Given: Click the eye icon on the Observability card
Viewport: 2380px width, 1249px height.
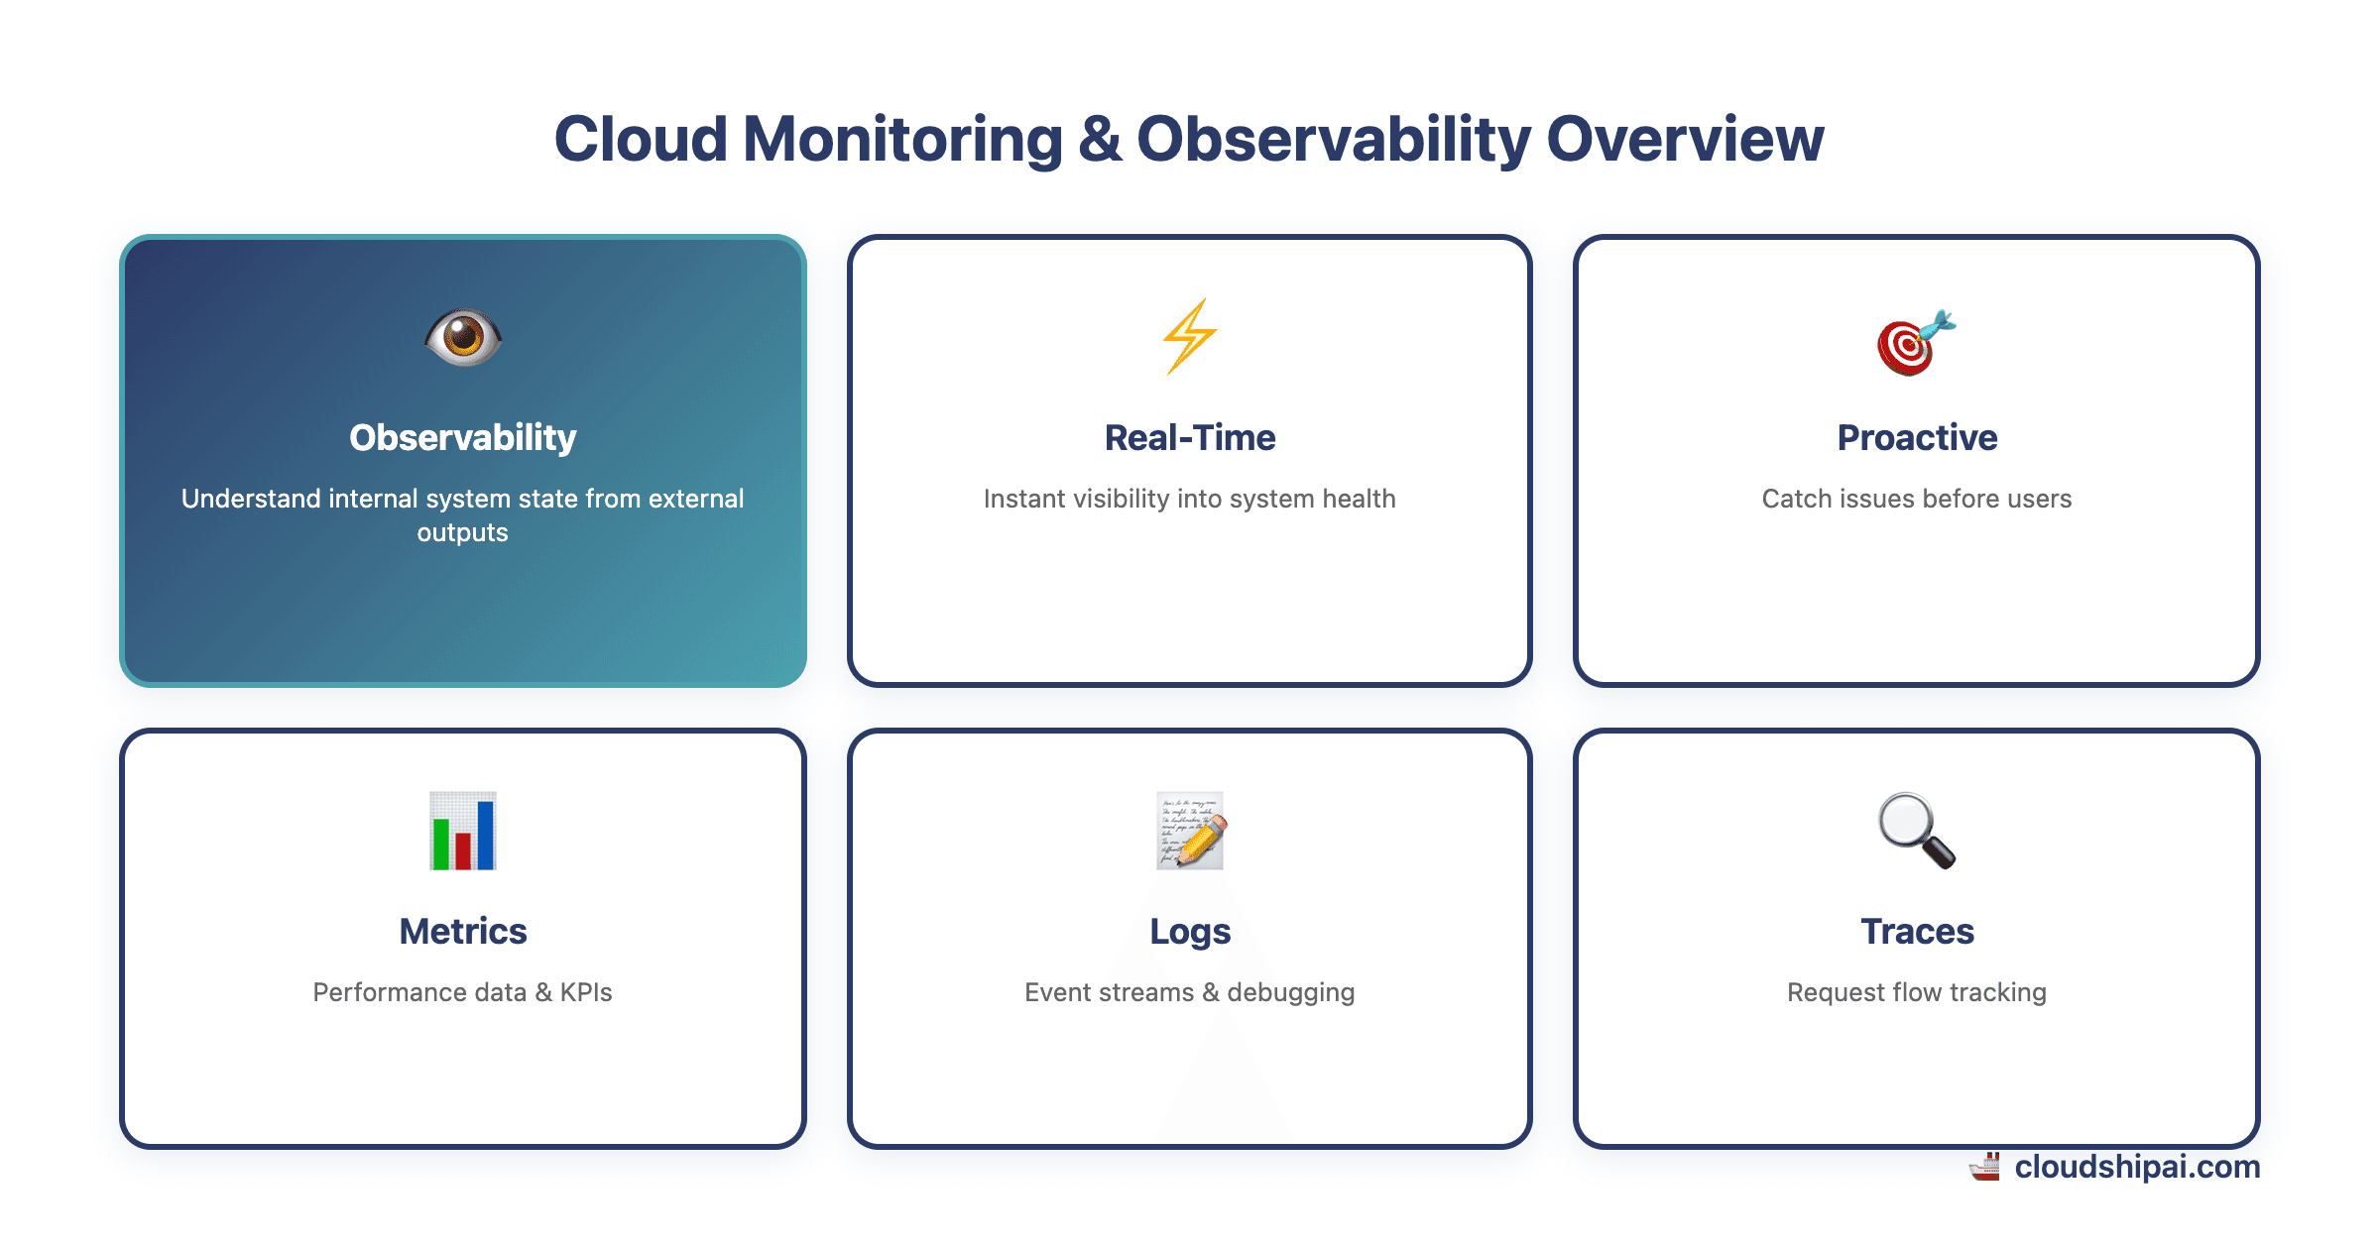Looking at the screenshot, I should tap(463, 337).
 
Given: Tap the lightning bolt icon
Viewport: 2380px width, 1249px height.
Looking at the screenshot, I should tap(1189, 337).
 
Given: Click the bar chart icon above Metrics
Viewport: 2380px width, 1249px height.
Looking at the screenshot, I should tap(463, 831).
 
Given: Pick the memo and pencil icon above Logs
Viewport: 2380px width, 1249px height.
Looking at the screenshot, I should tap(1190, 831).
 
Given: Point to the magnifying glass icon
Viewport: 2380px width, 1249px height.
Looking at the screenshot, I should tap(1916, 831).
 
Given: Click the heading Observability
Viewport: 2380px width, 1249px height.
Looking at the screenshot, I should tap(463, 437).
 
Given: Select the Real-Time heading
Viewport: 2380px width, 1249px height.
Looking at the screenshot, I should tap(1190, 437).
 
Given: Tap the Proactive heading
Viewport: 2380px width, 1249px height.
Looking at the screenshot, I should tap(1917, 437).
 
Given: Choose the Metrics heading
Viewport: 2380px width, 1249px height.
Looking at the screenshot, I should tap(463, 931).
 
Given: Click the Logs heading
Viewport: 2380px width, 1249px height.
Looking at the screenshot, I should tap(1190, 931).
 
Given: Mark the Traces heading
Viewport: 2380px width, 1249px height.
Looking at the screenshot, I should tap(1917, 931).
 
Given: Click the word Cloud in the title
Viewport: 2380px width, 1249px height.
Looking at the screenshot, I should tap(641, 139).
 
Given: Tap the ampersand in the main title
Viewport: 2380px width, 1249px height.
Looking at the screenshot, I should tap(1100, 139).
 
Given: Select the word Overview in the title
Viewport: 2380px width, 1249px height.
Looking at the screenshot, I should tap(1685, 139).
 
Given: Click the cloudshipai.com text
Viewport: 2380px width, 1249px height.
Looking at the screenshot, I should tap(2137, 1167).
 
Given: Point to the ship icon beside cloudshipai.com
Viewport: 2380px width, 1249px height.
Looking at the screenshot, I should tap(1985, 1167).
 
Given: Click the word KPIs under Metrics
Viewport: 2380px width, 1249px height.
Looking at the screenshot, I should tap(585, 992).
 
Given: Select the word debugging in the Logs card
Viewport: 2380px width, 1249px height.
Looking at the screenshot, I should tap(1290, 992).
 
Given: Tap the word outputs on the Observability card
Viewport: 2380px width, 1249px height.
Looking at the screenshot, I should tap(462, 532).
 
